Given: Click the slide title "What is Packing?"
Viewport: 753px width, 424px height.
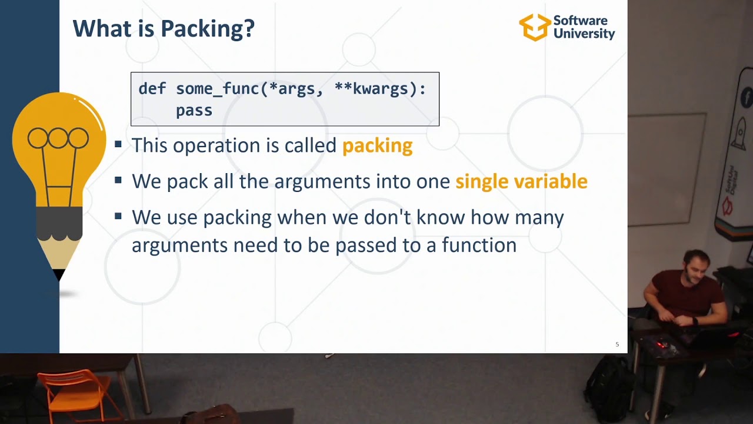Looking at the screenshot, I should [x=164, y=28].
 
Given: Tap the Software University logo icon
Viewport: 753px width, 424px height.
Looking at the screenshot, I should [x=534, y=27].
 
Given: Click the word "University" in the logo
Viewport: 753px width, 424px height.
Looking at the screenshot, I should [x=584, y=34].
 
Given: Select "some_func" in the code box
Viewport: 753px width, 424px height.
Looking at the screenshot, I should [x=218, y=89].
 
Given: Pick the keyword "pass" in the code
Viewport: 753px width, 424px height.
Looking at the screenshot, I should [x=194, y=110].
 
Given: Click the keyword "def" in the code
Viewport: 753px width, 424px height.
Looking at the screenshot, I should [x=152, y=89].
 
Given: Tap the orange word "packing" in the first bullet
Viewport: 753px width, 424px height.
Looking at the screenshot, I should [x=377, y=145].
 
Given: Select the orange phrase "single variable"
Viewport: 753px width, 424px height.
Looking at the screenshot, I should [x=521, y=181].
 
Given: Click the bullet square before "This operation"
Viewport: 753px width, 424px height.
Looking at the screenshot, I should [x=118, y=144].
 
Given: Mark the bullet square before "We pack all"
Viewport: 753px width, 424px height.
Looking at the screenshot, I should [x=118, y=180].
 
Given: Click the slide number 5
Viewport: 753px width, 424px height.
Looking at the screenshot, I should [x=617, y=344].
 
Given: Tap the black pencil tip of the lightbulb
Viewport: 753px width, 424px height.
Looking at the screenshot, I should [x=59, y=274].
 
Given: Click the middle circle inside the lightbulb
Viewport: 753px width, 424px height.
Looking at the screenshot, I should [x=58, y=138].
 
